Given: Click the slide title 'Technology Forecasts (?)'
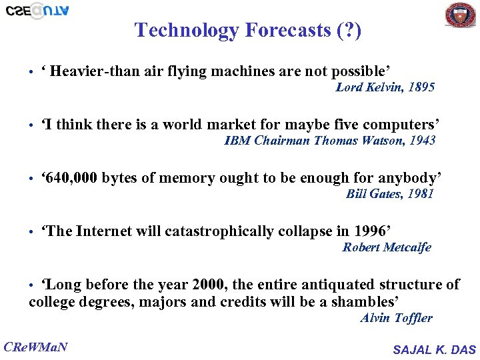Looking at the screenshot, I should click(x=248, y=30).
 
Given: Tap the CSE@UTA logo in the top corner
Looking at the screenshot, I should click(x=37, y=10).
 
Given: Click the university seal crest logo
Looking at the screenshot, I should click(x=461, y=14).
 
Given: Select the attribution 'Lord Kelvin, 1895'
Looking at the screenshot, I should click(x=385, y=87).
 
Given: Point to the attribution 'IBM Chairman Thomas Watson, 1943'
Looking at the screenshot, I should click(x=329, y=141).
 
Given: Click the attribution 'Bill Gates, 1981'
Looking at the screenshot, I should click(x=389, y=194).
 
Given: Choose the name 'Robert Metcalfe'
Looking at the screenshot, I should click(x=386, y=247).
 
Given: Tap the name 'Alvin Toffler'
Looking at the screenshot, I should click(x=396, y=318).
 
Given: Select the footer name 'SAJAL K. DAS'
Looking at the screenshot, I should click(x=434, y=349).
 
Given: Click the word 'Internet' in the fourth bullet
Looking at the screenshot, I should click(x=103, y=231).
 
